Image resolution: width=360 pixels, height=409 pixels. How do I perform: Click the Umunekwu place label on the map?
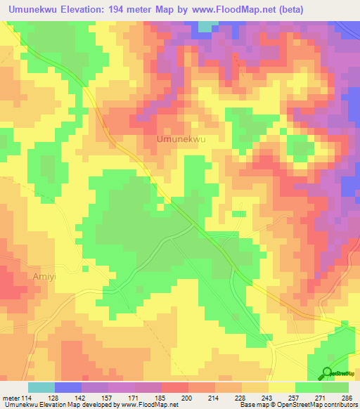coord(181,140)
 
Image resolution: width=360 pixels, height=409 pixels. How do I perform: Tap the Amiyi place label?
coord(44,277)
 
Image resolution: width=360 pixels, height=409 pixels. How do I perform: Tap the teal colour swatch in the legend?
coord(41,387)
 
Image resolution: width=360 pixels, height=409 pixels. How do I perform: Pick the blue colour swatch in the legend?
coord(68,387)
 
